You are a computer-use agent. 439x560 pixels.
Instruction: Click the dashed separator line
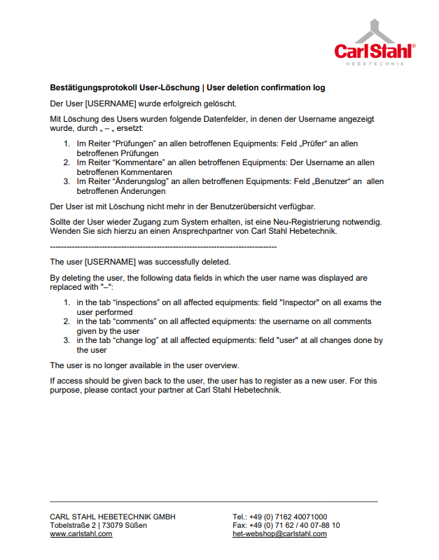(x=163, y=246)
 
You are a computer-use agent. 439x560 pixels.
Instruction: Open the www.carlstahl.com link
(x=81, y=534)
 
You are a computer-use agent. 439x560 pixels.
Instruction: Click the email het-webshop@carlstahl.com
(x=279, y=534)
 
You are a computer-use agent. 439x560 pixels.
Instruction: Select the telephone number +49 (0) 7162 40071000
(x=288, y=517)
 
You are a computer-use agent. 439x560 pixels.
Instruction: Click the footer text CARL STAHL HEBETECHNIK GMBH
(x=113, y=517)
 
